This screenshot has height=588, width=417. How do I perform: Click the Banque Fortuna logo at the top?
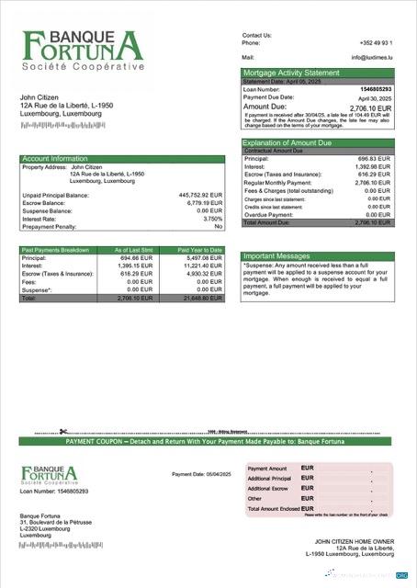(x=84, y=51)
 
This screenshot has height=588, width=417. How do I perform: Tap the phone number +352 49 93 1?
(x=377, y=42)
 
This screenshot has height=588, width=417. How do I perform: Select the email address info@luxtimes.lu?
(x=372, y=57)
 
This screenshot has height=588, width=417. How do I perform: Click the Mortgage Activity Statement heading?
(x=289, y=73)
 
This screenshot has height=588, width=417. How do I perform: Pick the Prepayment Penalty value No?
(x=218, y=226)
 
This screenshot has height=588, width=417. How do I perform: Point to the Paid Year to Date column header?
(x=200, y=250)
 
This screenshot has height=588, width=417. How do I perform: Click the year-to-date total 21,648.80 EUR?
(x=203, y=299)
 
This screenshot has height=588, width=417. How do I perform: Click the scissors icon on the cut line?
(x=63, y=433)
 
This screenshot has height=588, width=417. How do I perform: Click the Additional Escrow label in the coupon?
(x=270, y=489)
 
